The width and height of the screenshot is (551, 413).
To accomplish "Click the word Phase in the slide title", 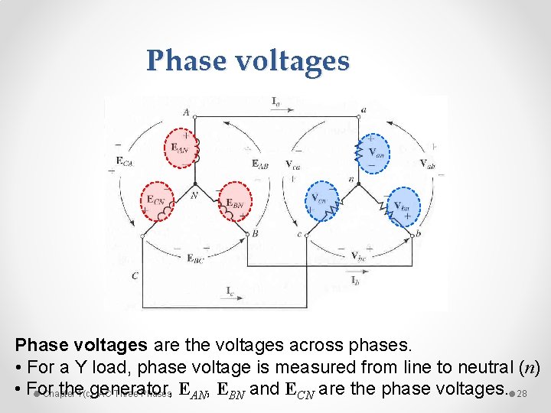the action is tap(183, 60).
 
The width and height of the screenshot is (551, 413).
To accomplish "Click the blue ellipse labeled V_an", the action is tap(374, 153).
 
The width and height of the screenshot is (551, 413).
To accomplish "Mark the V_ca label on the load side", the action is tap(293, 164).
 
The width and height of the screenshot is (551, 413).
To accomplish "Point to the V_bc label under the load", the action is tap(358, 255).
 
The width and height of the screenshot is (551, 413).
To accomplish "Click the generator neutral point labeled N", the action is tap(195, 195).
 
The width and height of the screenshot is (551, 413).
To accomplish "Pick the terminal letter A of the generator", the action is tap(186, 112).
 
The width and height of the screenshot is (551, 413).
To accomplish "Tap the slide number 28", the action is tap(523, 395).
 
